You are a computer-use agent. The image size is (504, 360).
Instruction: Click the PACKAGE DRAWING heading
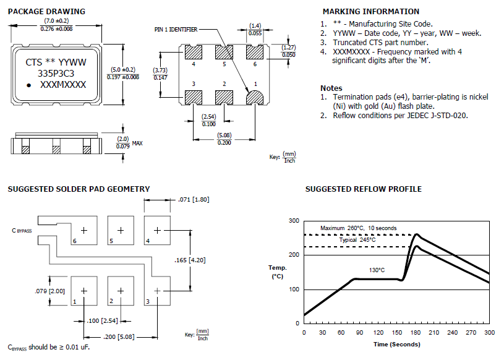pos(46,12)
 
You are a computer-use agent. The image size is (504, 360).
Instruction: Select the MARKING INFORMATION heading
pos(371,12)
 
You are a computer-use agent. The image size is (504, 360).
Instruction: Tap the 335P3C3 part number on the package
pos(56,73)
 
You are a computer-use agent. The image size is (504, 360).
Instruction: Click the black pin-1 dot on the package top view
pos(29,85)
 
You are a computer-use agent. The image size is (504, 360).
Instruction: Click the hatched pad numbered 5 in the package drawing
pos(224,52)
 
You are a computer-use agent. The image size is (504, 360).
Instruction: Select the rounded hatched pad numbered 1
pos(255,96)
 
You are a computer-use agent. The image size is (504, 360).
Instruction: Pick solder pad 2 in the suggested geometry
pos(121,290)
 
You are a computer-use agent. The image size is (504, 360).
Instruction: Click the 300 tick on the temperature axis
pos(293,221)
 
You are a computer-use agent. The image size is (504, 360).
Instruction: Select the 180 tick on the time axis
pos(415,333)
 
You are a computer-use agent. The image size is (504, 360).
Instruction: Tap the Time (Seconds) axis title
pos(396,344)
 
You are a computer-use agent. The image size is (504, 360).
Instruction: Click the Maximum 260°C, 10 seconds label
pos(358,228)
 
